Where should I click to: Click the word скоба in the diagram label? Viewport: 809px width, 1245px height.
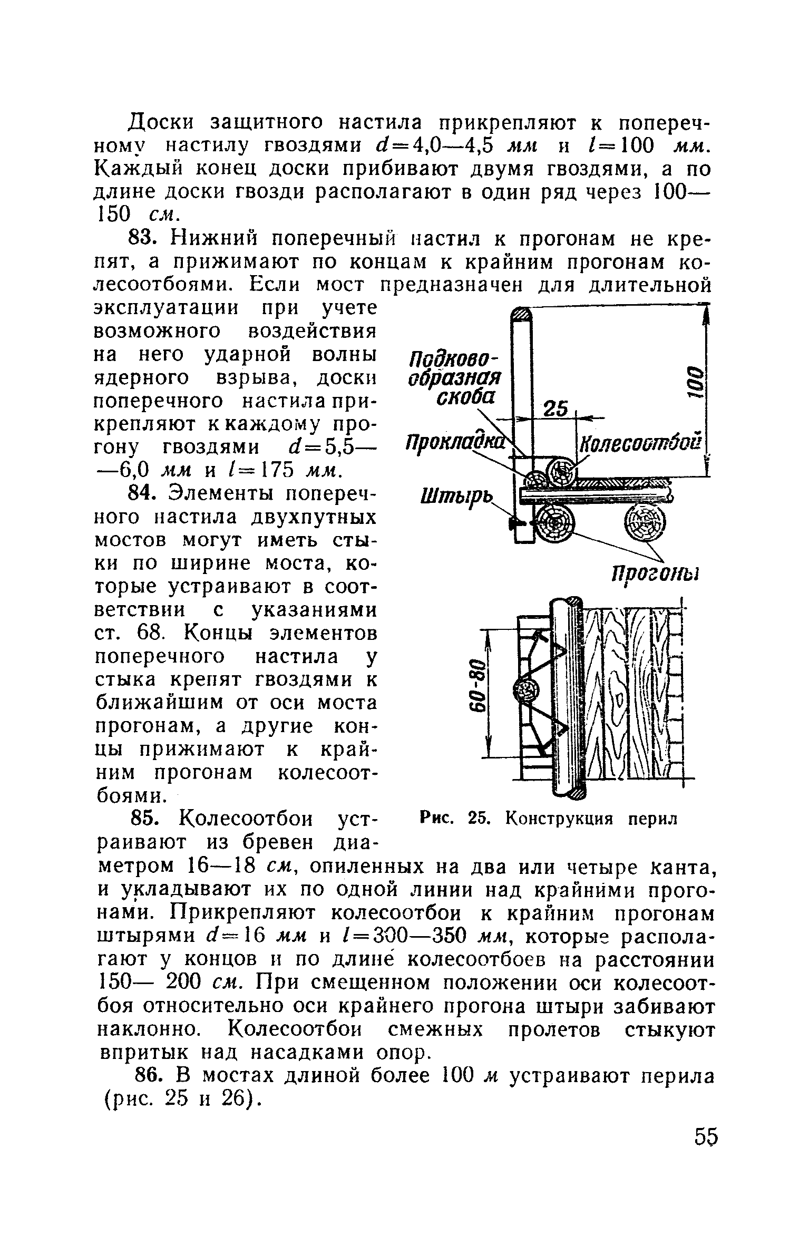(466, 397)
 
